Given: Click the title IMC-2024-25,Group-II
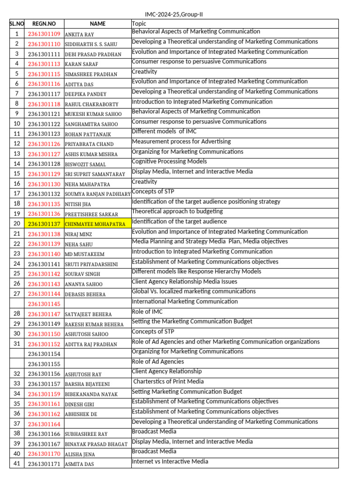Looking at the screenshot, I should point(174,15).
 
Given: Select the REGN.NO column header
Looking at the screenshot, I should point(44,24).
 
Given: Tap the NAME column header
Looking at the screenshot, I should point(98,24).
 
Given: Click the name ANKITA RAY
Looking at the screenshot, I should point(79,35).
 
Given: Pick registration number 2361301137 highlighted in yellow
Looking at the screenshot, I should point(44,224).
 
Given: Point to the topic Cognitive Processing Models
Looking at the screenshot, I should point(169,162).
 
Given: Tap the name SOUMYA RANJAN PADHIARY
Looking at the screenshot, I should point(97,194).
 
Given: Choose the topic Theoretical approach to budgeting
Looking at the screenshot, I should point(177,211).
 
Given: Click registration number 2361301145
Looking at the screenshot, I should point(44,304).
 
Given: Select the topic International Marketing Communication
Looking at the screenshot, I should point(185,301).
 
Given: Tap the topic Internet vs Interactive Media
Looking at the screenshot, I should point(170,461).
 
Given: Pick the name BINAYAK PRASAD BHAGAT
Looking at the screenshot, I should point(96,444).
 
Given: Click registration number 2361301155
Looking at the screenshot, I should point(44,364).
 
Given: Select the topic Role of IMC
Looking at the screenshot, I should point(148,312).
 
